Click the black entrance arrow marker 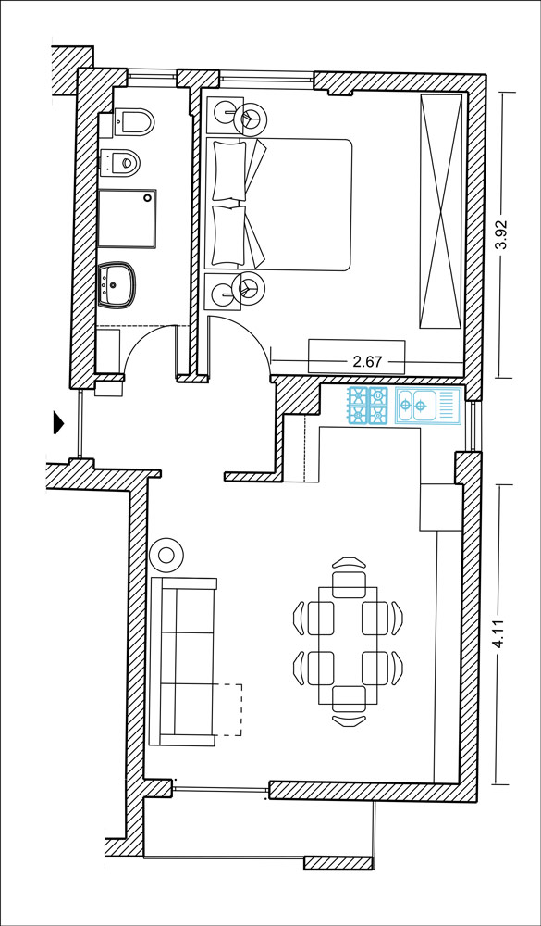58,422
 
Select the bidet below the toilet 120,162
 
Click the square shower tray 128,219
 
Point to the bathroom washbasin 117,285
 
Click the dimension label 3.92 501,235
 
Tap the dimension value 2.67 367,362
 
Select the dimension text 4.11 500,635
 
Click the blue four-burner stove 368,406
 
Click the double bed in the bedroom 278,205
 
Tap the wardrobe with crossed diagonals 441,211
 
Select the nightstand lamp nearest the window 250,118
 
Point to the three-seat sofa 183,661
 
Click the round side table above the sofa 166,555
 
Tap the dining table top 348,644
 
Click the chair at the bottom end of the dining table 349,706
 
